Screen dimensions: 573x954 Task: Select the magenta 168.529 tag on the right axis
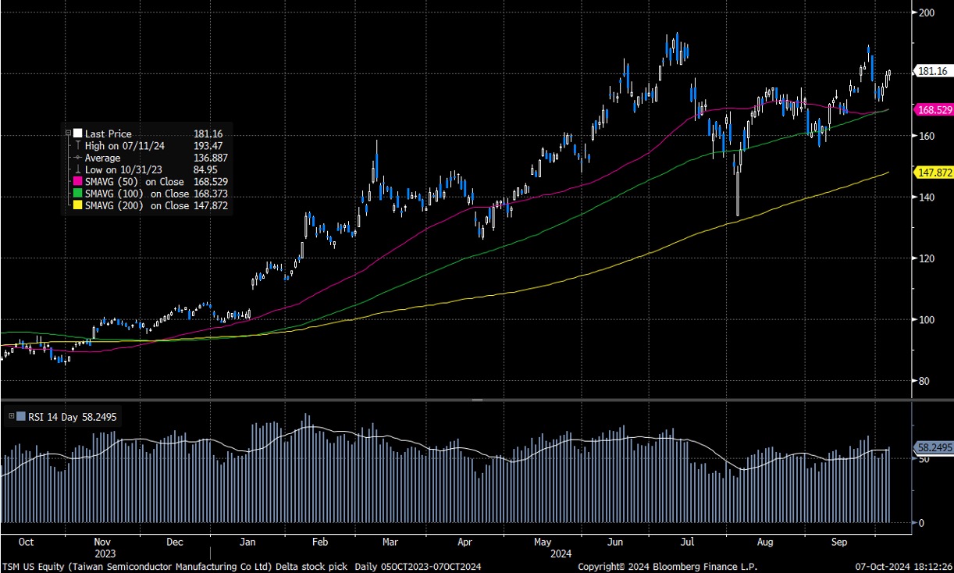pos(933,111)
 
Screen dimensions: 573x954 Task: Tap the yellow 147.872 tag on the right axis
pos(933,173)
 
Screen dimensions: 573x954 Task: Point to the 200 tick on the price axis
pos(927,13)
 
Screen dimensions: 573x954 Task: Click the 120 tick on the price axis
pos(927,258)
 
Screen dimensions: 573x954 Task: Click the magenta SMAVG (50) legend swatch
pos(78,182)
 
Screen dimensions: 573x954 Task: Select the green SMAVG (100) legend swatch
pos(78,194)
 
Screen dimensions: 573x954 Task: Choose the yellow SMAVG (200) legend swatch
pos(78,206)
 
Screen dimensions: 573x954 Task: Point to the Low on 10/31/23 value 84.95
pos(206,170)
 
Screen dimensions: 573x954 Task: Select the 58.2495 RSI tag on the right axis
pos(933,448)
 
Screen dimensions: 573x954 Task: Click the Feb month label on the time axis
pos(319,541)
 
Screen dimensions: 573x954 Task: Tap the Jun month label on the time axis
pos(616,541)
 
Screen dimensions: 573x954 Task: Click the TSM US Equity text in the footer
pos(31,565)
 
